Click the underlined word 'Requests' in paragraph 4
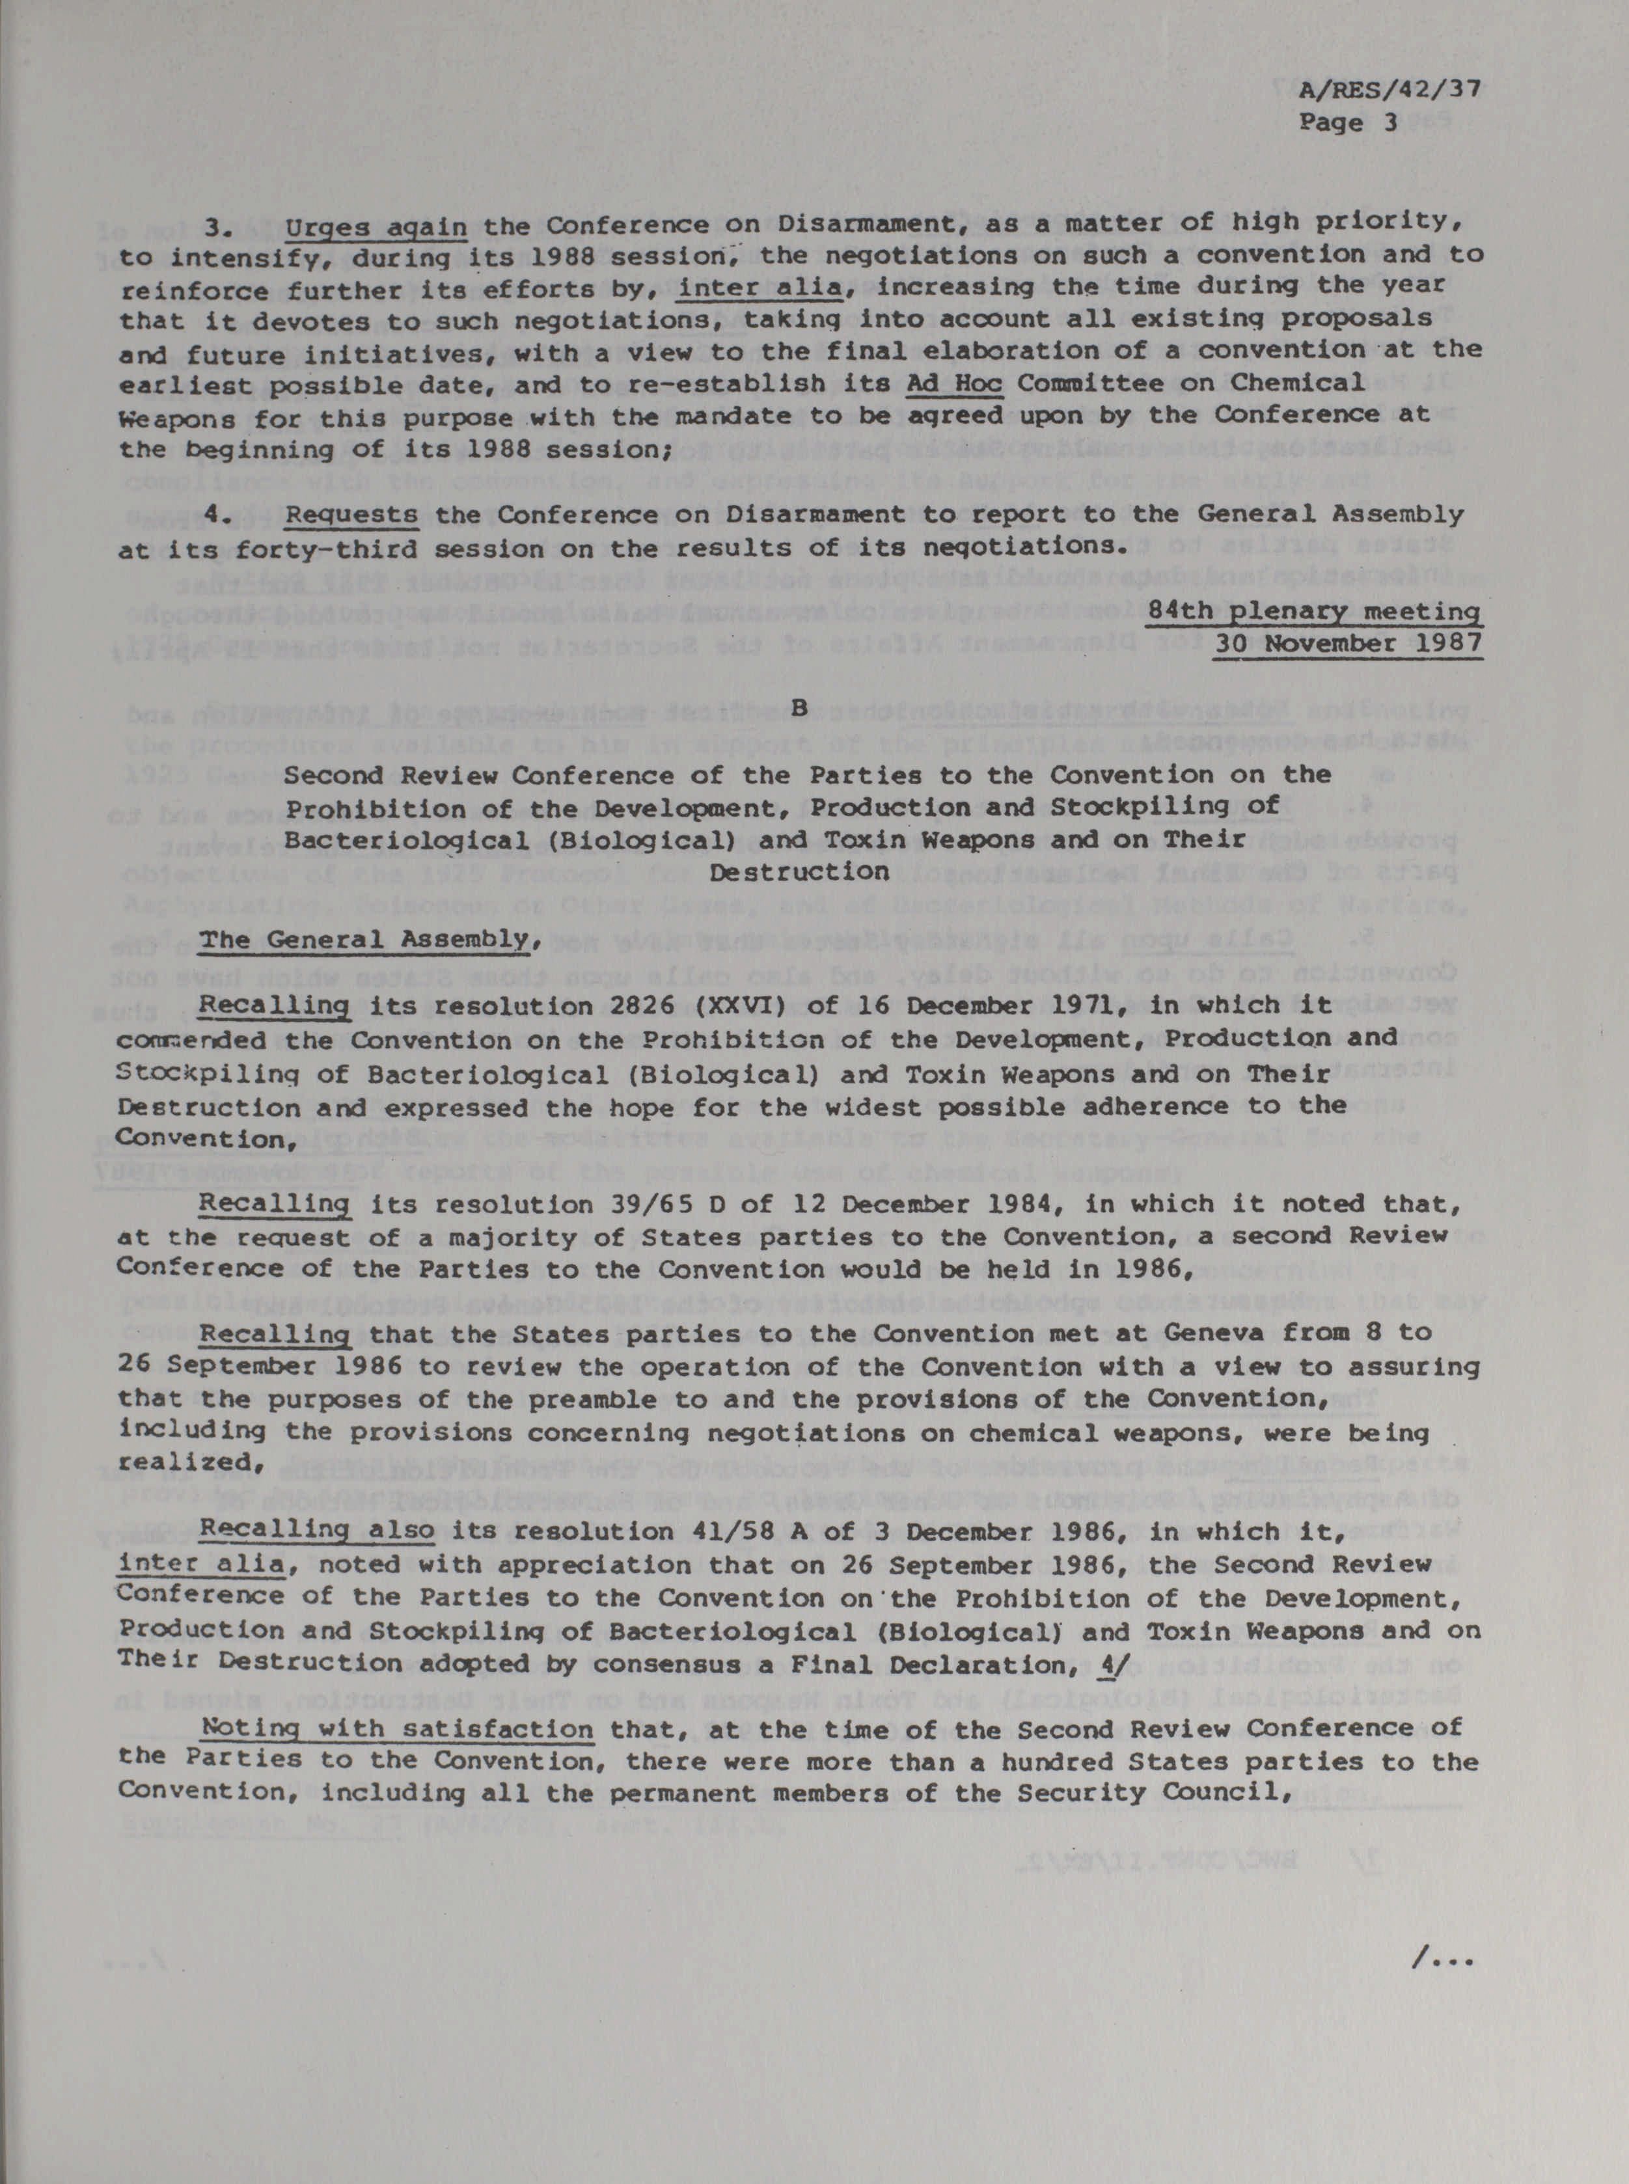351,515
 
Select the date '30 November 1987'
1348,644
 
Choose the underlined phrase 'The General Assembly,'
370,940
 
